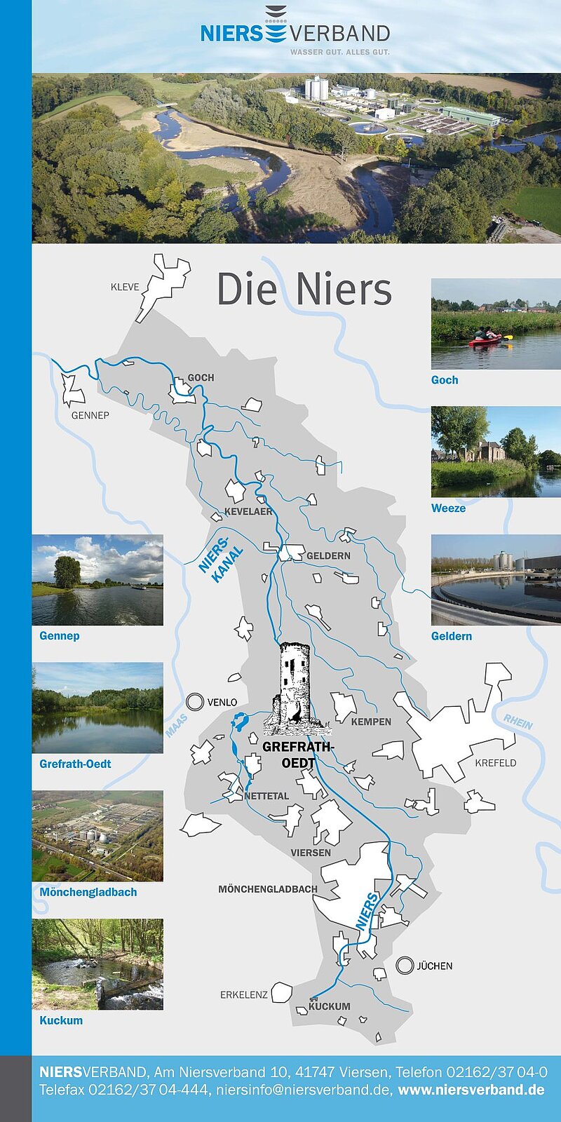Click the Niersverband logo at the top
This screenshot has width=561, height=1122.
[x=295, y=32]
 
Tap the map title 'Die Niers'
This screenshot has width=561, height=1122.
[x=304, y=289]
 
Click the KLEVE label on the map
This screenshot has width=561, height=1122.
[x=125, y=287]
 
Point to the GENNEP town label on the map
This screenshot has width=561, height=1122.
[x=90, y=415]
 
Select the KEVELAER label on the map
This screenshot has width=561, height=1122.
[x=248, y=512]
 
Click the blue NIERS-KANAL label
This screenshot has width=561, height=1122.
[x=221, y=560]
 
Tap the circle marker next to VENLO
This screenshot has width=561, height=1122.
[x=195, y=702]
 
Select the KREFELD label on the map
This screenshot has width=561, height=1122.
[x=495, y=763]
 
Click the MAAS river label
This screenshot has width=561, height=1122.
[x=176, y=725]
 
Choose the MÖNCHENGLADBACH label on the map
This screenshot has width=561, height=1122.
[x=268, y=889]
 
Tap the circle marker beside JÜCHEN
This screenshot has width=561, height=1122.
[x=405, y=966]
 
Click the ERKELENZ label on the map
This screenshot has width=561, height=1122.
[x=243, y=994]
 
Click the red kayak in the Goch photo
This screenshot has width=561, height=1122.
[x=486, y=340]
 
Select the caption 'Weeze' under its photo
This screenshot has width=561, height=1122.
[x=448, y=508]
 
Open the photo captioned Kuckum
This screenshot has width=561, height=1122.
[x=97, y=964]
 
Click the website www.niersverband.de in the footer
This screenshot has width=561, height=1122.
[x=471, y=1090]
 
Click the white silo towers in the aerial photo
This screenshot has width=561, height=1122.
[x=316, y=88]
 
